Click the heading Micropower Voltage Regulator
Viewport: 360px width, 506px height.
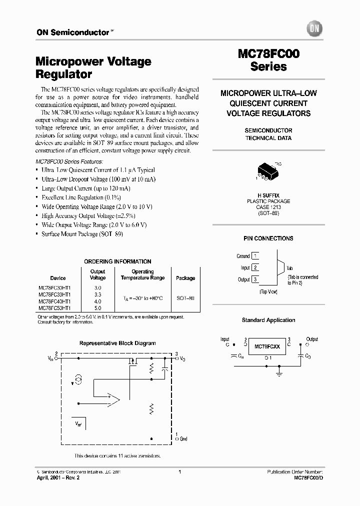point(93,68)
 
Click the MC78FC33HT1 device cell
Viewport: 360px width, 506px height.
point(54,294)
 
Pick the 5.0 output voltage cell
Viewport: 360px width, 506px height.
point(97,308)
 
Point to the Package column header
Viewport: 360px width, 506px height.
point(185,278)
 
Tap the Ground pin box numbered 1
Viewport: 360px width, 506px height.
point(255,256)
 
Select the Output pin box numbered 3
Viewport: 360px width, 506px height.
point(255,279)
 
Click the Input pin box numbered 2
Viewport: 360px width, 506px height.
point(255,268)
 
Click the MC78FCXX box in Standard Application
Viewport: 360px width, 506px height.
point(268,346)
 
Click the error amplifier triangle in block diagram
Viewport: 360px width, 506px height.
point(113,399)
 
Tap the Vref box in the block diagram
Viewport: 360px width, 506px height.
point(79,423)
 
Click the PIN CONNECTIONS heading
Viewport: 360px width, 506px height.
point(268,238)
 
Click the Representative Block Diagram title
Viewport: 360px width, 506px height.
point(118,343)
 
